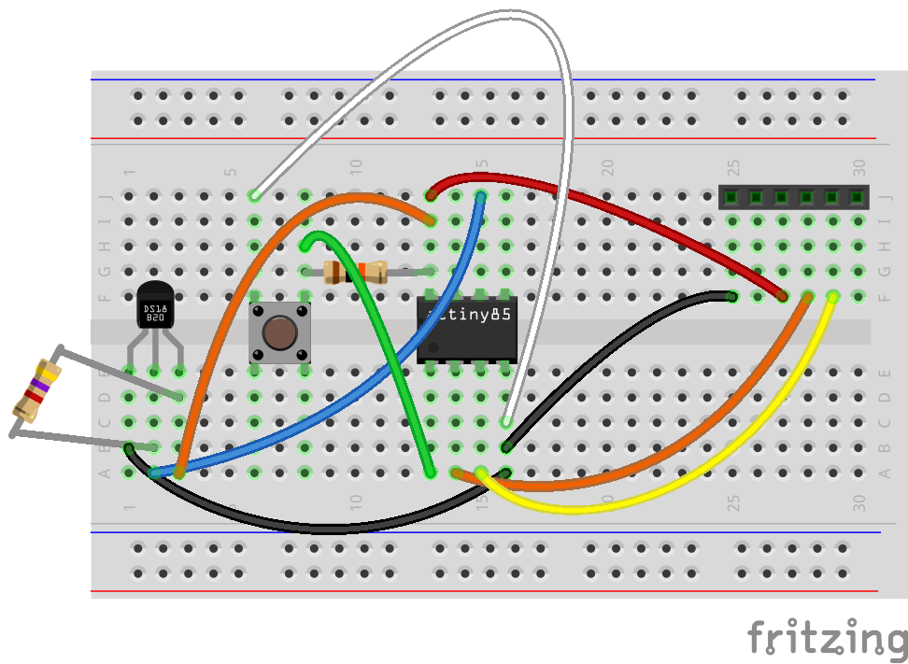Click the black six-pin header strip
tap(793, 197)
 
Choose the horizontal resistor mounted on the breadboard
tap(355, 273)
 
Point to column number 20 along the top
tap(608, 168)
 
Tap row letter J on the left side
tap(105, 198)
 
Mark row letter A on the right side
tap(885, 473)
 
